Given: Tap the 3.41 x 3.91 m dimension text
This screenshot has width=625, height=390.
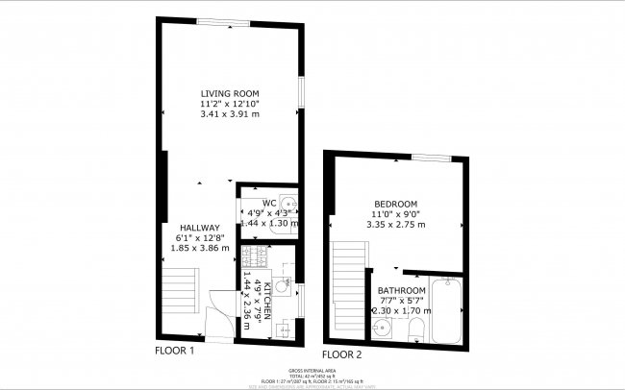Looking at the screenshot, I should point(230,114).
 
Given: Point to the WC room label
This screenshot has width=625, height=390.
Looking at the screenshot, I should point(268,202).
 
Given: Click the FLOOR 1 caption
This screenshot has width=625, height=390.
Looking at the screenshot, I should point(176,352).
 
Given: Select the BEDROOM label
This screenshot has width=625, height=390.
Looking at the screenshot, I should point(395,204).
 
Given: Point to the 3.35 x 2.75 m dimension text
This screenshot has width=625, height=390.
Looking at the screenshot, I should point(395,225).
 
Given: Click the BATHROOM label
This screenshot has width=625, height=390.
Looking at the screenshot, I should point(401,290).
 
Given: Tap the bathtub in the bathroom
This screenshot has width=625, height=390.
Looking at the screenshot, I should point(447,310).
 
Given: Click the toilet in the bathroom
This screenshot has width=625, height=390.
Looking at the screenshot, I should point(414,330).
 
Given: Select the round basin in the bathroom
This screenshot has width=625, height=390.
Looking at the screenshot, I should point(384,327).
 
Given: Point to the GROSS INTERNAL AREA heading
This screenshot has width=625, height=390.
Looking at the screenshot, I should point(312,370).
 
